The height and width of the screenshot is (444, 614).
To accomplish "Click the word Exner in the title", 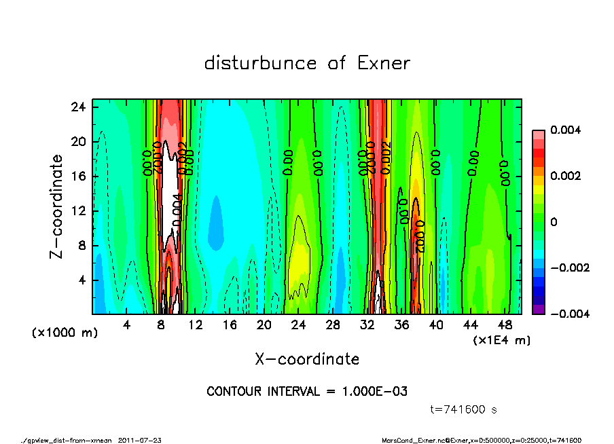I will point(383,64).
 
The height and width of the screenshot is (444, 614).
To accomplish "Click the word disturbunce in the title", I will point(261,64).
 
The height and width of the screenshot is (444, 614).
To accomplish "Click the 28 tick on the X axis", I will point(333,325).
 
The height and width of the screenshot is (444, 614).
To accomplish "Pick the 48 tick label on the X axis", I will point(505,325).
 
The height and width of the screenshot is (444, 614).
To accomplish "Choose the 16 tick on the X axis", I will point(230,325).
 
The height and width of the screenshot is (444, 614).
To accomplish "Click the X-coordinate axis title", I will point(307,359).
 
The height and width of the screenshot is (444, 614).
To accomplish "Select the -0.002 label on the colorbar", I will point(560,267).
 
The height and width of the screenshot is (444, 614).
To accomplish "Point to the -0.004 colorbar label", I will point(560,314).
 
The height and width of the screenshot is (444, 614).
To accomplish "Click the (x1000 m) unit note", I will point(65,333).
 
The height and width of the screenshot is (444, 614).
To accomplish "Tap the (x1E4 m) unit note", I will point(502,339).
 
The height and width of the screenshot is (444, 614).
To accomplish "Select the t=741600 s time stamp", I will point(464,409).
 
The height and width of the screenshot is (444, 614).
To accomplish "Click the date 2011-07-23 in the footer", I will point(140,440).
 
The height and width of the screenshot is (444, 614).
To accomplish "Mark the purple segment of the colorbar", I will point(538,309).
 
